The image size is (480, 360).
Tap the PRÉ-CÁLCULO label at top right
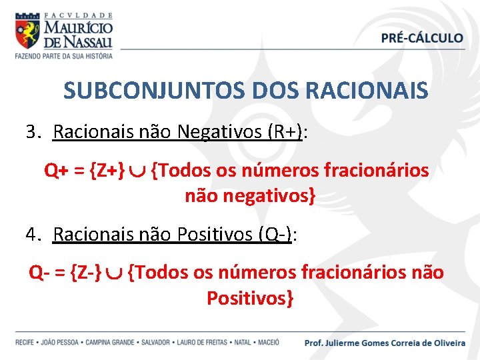pyautogui.click(x=422, y=38)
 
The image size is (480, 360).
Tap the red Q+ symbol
pyautogui.click(x=56, y=171)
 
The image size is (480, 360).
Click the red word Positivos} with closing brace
pyautogui.click(x=250, y=298)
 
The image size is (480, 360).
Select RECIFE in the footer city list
pyautogui.click(x=26, y=343)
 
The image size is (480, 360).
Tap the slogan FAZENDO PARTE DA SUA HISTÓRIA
pyautogui.click(x=64, y=56)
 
